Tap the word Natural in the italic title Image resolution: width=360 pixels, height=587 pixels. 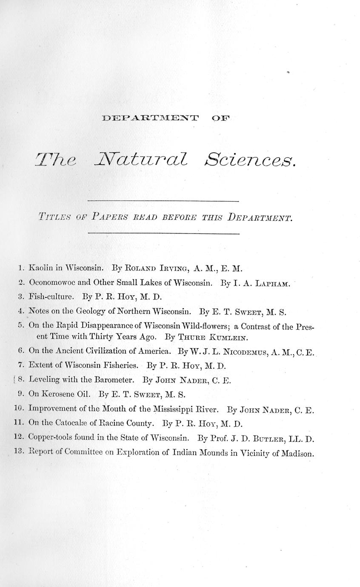[x=140, y=160]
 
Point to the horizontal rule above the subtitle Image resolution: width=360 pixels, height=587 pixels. [x=163, y=201]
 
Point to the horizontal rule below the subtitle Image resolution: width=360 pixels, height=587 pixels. [x=163, y=234]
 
